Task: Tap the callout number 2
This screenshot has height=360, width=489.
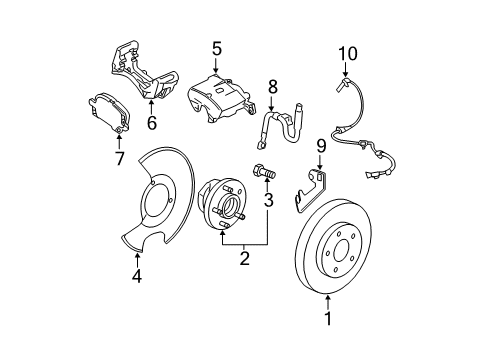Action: click(243, 260)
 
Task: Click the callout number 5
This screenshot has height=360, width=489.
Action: click(215, 47)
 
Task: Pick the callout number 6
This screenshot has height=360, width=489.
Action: click(151, 123)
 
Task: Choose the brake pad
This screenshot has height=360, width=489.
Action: click(106, 112)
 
